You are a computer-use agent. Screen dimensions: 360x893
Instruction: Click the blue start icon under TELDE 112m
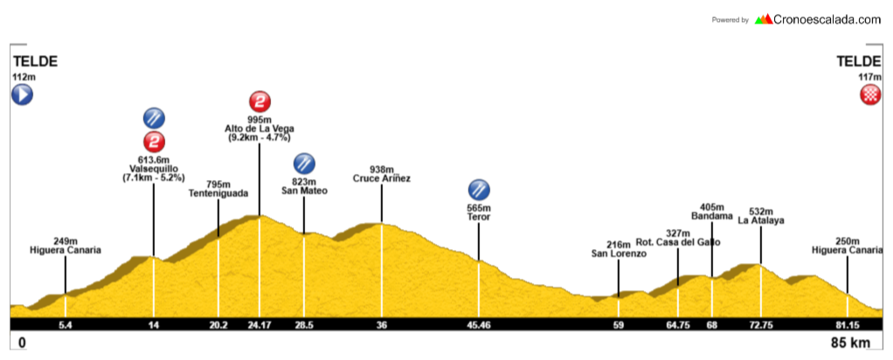22,95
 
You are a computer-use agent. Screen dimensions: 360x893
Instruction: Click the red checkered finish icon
869,95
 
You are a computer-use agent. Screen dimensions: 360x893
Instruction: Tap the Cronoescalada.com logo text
827,18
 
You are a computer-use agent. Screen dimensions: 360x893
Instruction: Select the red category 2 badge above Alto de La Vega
259,100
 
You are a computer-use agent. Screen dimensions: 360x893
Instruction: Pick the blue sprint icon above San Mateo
304,163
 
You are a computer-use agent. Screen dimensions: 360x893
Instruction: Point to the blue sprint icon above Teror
479,189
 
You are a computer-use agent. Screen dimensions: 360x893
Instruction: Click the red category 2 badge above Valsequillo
154,141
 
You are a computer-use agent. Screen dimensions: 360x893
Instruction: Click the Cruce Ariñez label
382,179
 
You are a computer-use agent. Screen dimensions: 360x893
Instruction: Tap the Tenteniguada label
218,194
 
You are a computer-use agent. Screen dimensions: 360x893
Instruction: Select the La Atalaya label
760,221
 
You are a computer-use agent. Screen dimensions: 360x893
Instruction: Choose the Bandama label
710,216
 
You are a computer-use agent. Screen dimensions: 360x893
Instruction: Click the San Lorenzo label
618,254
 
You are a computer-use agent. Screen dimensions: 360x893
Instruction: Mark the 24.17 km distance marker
259,325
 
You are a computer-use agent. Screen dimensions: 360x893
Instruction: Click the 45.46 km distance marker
479,325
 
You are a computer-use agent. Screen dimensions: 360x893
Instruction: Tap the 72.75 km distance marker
760,325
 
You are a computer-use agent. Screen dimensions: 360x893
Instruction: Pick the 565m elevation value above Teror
479,207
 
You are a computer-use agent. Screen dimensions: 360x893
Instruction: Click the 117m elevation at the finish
870,77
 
